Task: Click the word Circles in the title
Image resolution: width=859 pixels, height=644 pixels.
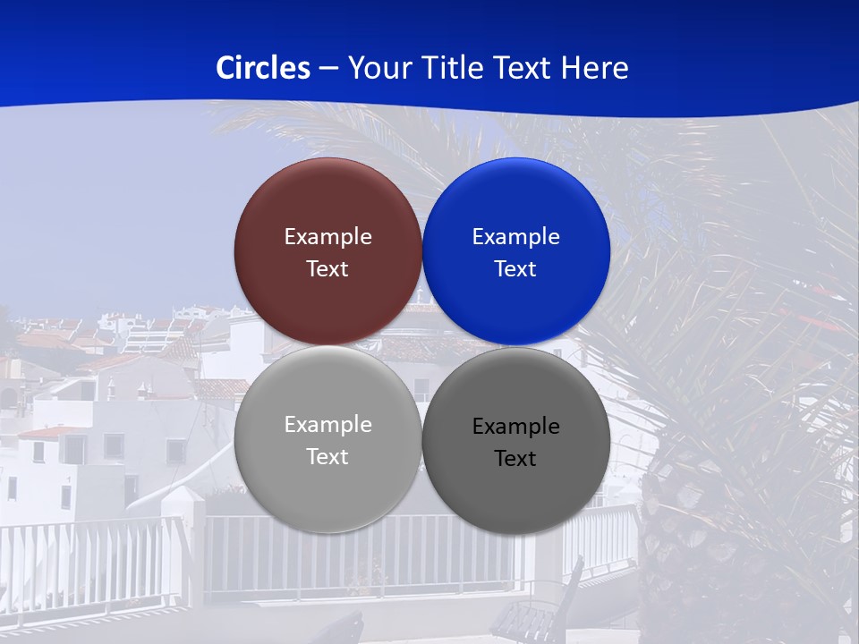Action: (262, 67)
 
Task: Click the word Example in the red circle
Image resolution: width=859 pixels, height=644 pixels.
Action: (327, 237)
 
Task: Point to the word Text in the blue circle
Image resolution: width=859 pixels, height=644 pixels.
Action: (515, 269)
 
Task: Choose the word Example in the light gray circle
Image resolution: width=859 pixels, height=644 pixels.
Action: (327, 425)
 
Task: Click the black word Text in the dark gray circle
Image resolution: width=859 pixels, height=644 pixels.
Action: (515, 459)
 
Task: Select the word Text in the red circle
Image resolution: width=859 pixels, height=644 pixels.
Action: (327, 269)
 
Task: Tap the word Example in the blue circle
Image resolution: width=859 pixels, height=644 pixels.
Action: (515, 237)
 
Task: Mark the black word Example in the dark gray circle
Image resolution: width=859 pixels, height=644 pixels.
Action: (515, 427)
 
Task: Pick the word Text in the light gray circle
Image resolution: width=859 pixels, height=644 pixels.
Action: (327, 457)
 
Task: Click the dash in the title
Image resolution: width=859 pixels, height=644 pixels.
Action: (328, 69)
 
